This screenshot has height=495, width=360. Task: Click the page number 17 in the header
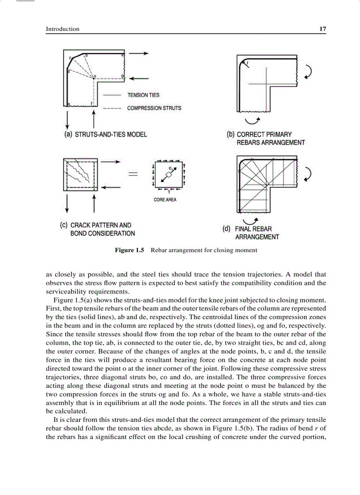coord(322,29)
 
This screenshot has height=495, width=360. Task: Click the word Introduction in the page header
coord(63,29)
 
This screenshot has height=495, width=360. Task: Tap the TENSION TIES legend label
coord(143,95)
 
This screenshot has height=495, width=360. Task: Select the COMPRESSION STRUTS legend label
coord(154,108)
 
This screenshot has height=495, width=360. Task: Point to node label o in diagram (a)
coord(94,76)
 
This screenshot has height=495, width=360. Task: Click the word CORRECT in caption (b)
coord(251,134)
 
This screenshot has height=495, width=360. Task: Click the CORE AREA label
coord(165,200)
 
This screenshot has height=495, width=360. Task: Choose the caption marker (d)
coord(227,229)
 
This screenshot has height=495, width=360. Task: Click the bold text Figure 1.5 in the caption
coord(129,250)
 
